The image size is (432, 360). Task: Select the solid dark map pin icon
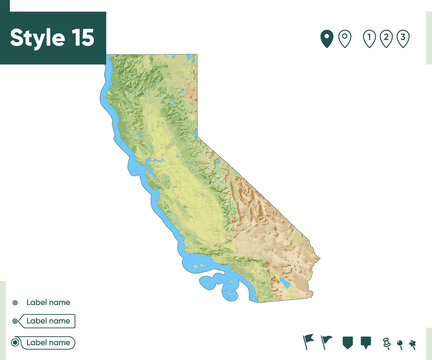point(326,39)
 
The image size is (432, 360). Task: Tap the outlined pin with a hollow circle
point(345,39)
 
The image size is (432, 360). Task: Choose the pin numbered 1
point(370,39)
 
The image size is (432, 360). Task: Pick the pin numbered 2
point(387,39)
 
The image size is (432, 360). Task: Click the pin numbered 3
point(403,39)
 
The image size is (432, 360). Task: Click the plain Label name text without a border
point(48,302)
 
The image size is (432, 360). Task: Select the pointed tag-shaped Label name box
point(48,321)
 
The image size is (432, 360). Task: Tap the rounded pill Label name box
point(48,342)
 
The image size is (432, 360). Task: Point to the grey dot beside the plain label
point(15,302)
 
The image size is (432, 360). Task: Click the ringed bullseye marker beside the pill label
point(15,342)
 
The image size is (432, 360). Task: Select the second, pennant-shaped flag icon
point(327,342)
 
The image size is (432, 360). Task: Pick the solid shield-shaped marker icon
point(347,342)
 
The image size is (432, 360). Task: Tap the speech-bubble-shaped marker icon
point(365,342)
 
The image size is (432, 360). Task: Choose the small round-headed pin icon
point(399,344)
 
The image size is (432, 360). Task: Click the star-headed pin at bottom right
point(411,344)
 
